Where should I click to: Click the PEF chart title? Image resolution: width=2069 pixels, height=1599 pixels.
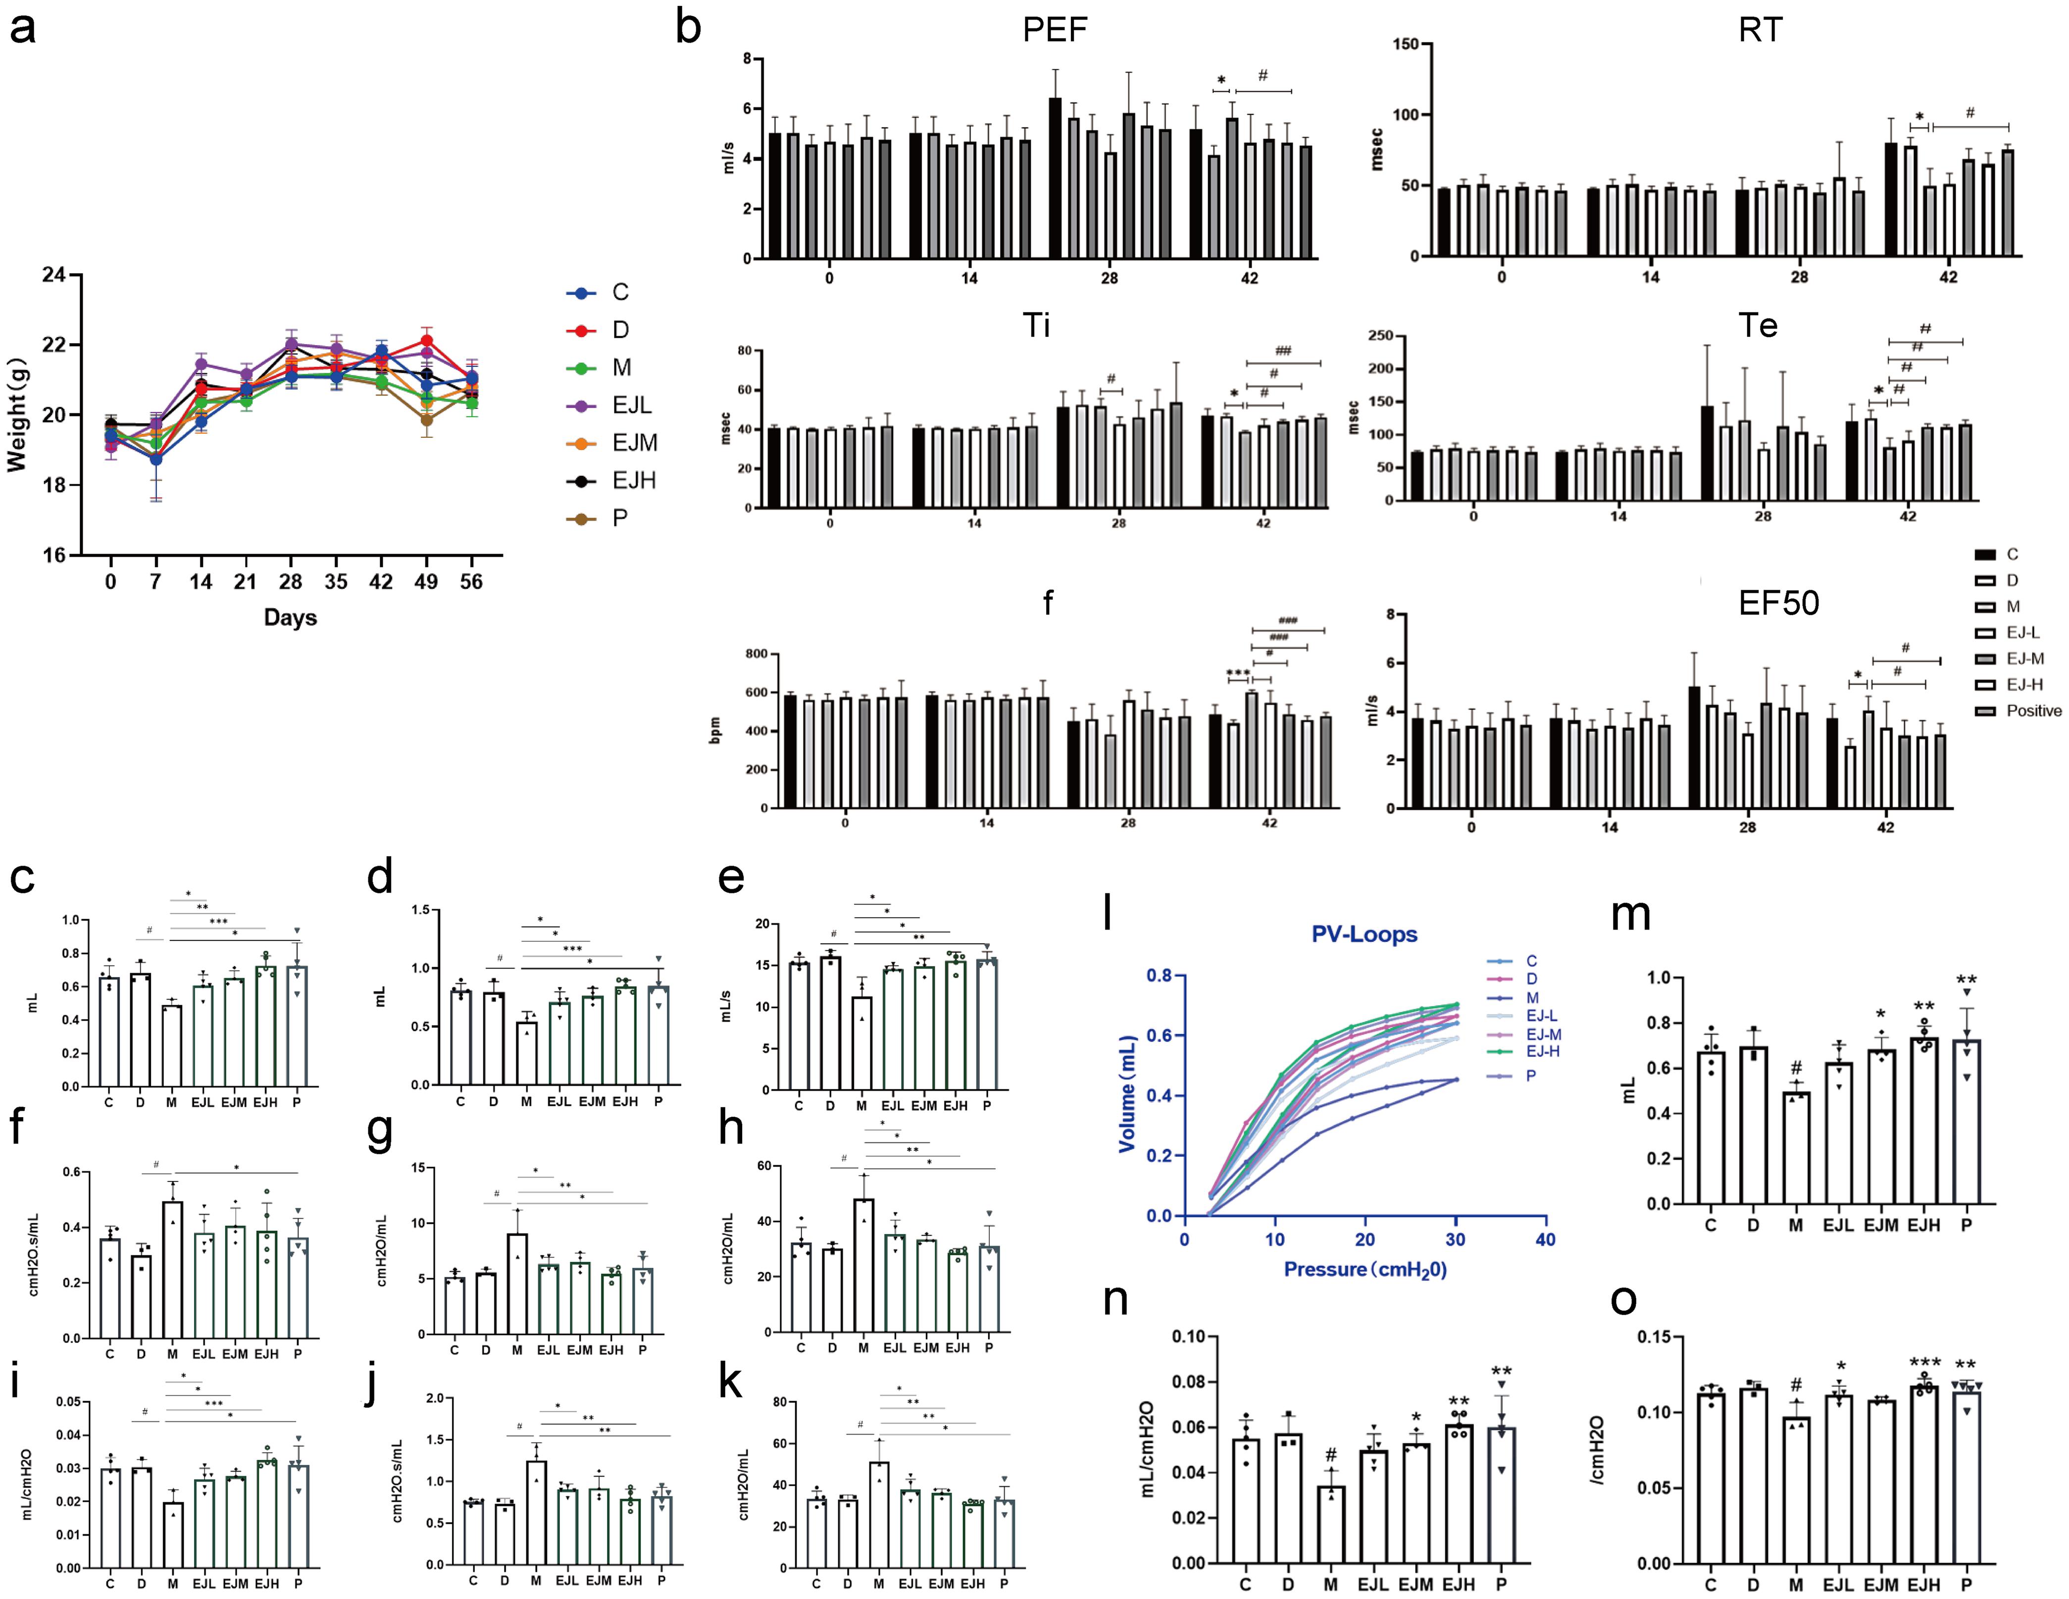click(x=1055, y=30)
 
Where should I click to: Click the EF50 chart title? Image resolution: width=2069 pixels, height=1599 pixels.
click(x=1778, y=604)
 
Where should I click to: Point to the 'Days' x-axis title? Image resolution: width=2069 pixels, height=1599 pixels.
click(x=290, y=618)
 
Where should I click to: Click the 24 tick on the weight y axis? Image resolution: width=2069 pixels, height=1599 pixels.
click(x=54, y=275)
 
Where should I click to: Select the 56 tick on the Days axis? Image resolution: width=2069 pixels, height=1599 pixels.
click(x=471, y=582)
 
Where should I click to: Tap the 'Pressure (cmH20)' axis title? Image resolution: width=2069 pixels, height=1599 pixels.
click(x=1364, y=1269)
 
